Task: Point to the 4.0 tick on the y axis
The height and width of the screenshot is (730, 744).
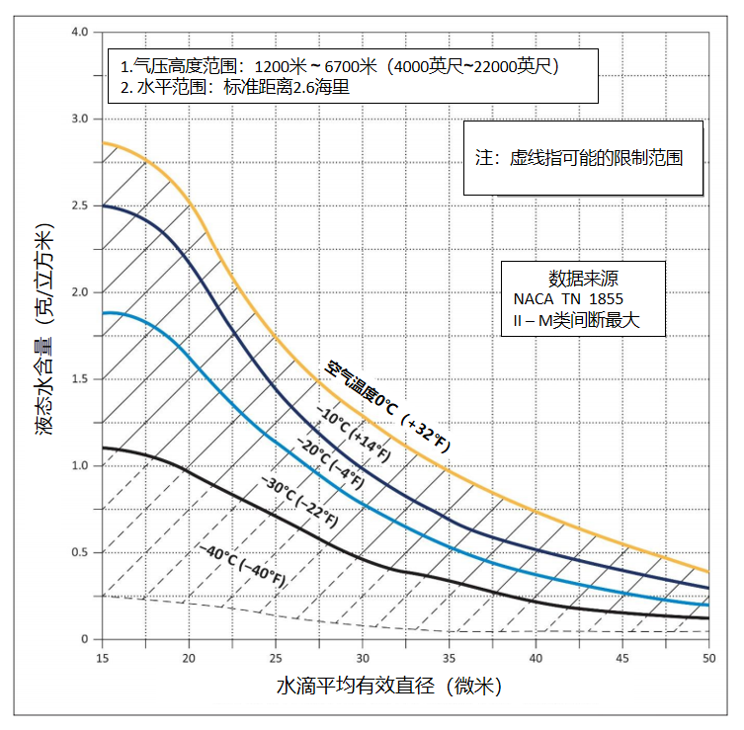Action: (x=80, y=32)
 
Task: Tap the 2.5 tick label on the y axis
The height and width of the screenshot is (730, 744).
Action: (x=80, y=205)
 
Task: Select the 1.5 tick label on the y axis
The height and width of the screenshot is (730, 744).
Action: (x=80, y=379)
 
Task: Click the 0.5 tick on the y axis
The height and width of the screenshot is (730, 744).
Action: (x=80, y=552)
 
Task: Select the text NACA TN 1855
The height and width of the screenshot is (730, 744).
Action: (x=567, y=299)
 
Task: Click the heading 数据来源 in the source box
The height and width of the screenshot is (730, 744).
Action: (x=584, y=278)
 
